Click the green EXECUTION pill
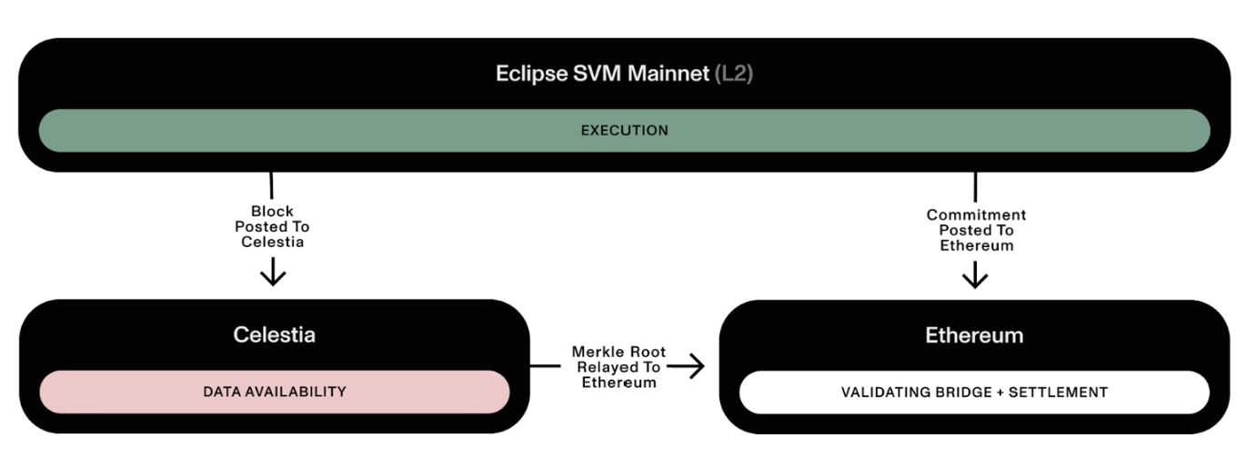coord(624,131)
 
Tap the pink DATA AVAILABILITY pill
coord(275,392)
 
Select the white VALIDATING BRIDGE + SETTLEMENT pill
coord(974,392)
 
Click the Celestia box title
coord(275,334)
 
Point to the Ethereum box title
coord(974,335)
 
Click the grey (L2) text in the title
coord(734,74)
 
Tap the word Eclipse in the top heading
coord(531,74)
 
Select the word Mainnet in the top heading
coord(668,74)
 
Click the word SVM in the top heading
coord(597,74)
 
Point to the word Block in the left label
coord(272,212)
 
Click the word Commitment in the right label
coord(976,214)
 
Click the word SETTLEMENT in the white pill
coord(1058,392)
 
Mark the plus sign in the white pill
coord(1000,392)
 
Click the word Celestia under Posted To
coord(272,242)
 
